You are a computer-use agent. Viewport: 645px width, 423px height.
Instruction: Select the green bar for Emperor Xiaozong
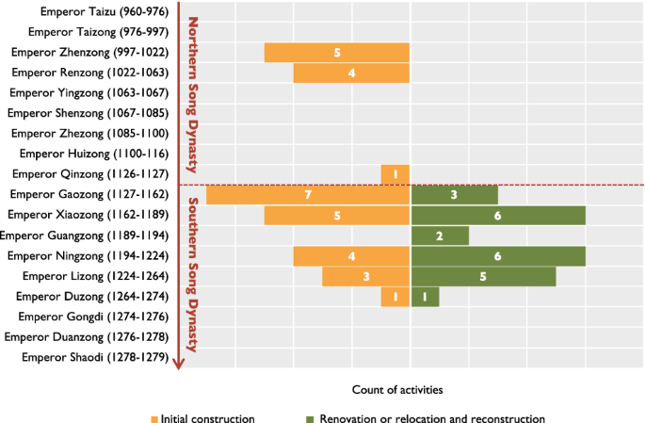pos(498,216)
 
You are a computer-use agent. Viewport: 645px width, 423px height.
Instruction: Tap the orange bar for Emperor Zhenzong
pos(337,53)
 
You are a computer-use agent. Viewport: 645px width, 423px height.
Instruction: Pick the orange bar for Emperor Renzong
pos(351,73)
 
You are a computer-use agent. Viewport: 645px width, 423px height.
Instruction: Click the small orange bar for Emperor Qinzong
pos(395,174)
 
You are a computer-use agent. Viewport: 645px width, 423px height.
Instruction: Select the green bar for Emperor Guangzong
pos(440,236)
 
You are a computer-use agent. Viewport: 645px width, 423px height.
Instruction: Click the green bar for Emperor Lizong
pos(483,276)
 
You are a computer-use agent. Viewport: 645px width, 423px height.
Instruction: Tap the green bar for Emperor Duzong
pos(425,297)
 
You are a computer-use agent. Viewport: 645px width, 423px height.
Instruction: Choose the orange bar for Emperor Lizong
pos(366,276)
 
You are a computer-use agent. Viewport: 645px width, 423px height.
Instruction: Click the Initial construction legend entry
pos(202,418)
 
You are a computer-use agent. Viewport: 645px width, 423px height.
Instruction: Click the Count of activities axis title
pos(397,388)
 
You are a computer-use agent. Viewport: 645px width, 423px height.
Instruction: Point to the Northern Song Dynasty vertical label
pos(192,94)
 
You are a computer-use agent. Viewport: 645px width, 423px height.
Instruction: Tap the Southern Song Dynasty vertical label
pos(192,273)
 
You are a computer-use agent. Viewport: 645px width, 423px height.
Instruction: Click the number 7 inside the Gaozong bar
pos(308,195)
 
